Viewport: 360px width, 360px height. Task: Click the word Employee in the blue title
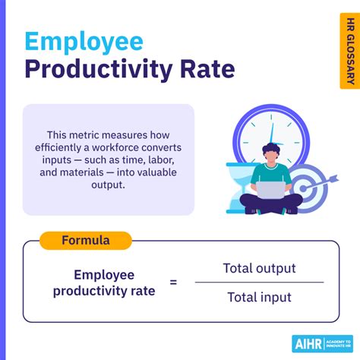tap(84, 42)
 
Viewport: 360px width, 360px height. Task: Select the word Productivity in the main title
tap(96, 71)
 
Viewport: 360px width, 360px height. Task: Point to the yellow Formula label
tap(86, 241)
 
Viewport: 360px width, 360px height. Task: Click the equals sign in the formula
tap(173, 282)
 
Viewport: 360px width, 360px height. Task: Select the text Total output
tap(259, 268)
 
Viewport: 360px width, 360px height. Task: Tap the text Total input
tap(259, 297)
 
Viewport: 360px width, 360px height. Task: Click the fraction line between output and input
tap(259, 283)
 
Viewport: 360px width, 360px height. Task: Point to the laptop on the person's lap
tap(270, 191)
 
